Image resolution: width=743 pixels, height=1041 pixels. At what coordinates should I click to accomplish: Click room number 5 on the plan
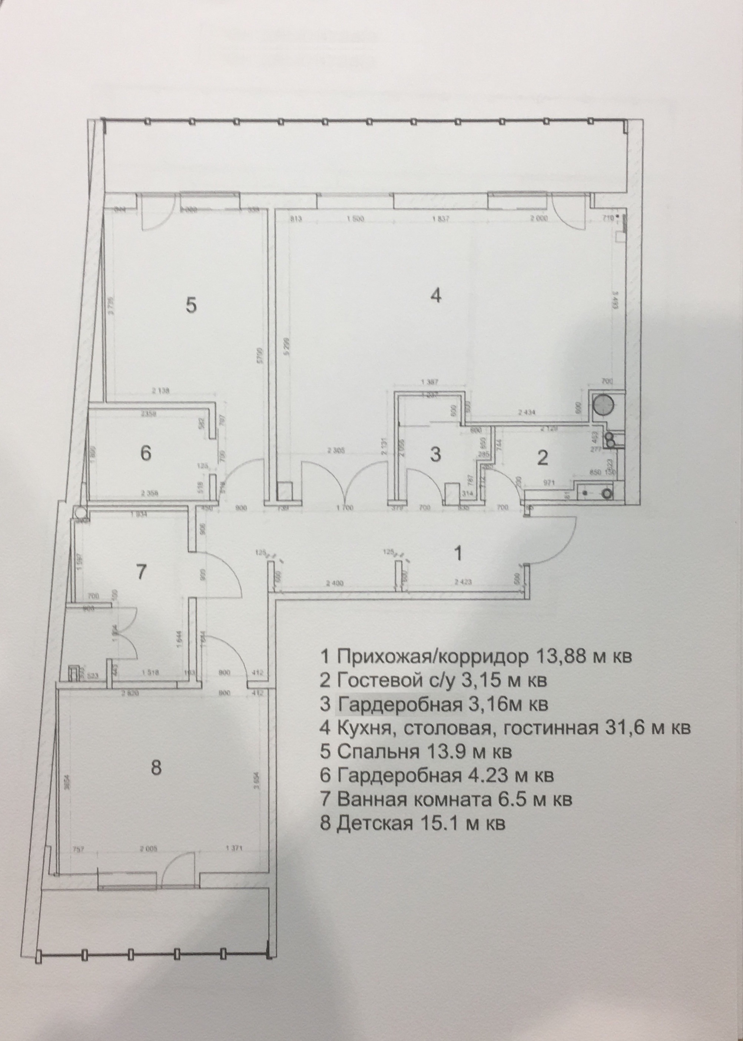(191, 305)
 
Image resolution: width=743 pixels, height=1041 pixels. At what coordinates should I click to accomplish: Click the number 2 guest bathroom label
(542, 457)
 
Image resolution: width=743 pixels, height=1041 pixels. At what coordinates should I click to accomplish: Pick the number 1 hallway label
(458, 554)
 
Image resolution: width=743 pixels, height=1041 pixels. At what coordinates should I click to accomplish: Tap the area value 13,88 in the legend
(559, 657)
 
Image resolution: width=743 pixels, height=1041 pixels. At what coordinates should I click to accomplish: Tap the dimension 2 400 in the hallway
(335, 584)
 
